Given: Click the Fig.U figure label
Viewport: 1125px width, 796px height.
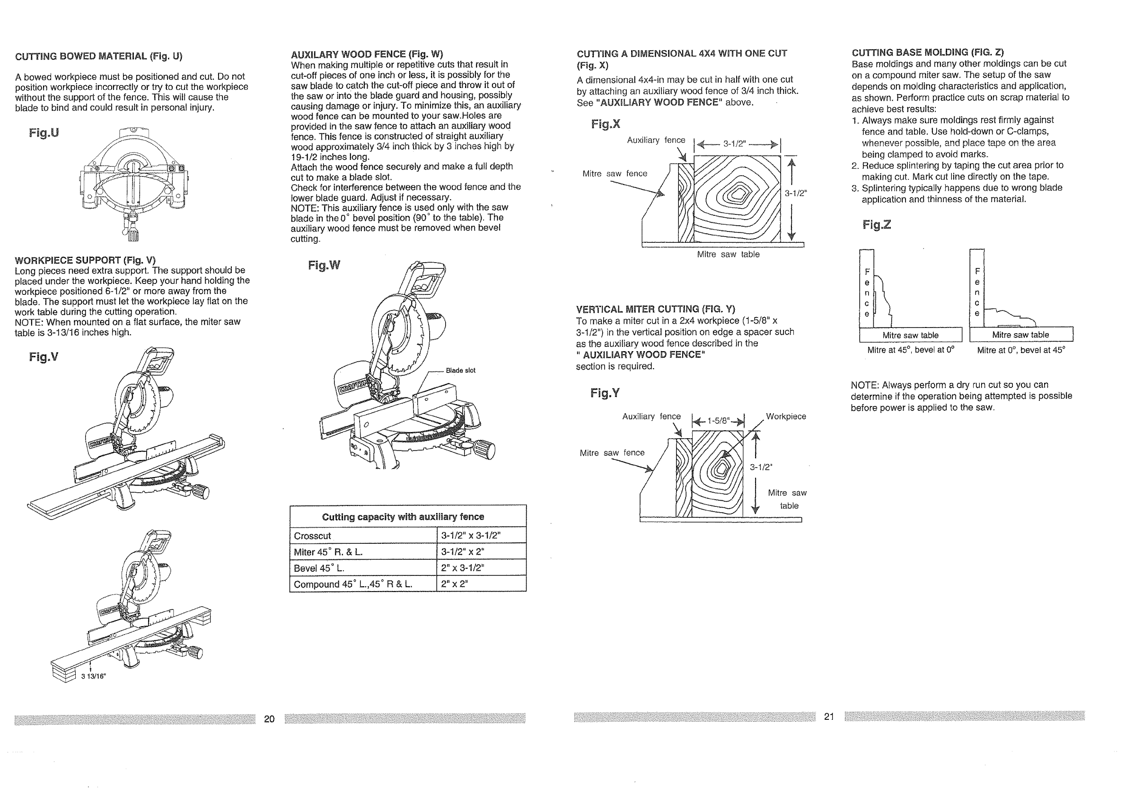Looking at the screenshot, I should tap(44, 133).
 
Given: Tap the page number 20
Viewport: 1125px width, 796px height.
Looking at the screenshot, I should tap(270, 718).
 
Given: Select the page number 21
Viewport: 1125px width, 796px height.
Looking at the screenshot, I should tap(829, 716).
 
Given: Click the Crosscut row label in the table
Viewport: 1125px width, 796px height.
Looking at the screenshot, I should tap(313, 536).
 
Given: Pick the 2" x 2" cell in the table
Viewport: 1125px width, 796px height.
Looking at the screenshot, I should tap(454, 584).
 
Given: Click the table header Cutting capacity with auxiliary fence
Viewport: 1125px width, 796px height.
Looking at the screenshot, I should tap(403, 517).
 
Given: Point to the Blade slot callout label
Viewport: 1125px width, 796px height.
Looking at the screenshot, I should tap(460, 371).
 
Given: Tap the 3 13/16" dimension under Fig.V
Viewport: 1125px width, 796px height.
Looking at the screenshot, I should tap(93, 676).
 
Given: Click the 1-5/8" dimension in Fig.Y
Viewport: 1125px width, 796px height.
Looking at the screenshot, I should tap(718, 421).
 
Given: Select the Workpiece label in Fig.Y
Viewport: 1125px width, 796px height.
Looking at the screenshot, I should tap(786, 416).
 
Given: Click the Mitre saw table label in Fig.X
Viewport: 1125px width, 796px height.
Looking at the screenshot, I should tap(728, 255).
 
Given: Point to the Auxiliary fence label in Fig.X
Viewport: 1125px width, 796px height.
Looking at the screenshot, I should tap(656, 140).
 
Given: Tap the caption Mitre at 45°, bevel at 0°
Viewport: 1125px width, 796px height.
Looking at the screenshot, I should tap(911, 350).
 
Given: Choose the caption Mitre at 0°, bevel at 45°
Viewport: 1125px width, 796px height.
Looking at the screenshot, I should tap(1021, 350).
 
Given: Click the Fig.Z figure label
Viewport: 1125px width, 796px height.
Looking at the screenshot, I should tap(877, 225).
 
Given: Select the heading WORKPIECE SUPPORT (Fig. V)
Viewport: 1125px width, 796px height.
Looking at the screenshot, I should tap(85, 260).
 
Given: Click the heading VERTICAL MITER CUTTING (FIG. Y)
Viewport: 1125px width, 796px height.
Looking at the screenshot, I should tap(656, 309).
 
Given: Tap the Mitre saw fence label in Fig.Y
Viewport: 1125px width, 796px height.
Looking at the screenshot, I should tap(612, 453).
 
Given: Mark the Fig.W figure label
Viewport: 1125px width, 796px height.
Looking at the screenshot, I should tap(324, 265).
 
